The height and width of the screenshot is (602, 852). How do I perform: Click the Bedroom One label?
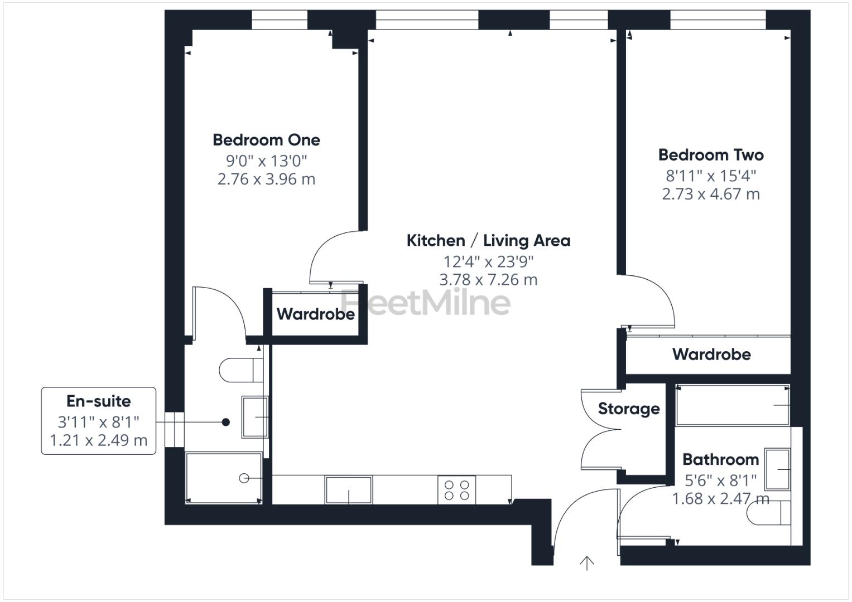[x=266, y=140]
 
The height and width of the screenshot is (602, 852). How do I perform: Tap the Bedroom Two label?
[x=710, y=155]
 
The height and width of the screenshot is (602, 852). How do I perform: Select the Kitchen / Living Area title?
[x=488, y=241]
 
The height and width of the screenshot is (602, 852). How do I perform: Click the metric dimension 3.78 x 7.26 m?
[x=488, y=279]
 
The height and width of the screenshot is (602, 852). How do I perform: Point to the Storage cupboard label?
[x=629, y=409]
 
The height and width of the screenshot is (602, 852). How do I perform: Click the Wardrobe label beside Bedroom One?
[x=315, y=314]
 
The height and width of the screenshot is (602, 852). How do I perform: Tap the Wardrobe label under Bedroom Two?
[x=711, y=354]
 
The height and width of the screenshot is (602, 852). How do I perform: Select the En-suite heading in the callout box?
[x=99, y=401]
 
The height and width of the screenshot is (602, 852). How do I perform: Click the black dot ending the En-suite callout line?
[x=225, y=423]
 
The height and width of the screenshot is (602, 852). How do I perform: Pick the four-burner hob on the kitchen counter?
[x=456, y=490]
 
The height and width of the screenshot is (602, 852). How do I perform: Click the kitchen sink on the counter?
[x=349, y=490]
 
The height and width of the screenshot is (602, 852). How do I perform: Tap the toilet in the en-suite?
[x=240, y=370]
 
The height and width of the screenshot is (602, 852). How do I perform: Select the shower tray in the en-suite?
[x=223, y=478]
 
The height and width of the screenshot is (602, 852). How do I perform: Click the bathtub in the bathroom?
[x=731, y=405]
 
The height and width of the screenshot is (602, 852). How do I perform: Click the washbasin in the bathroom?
[x=777, y=469]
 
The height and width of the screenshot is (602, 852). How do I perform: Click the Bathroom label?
[x=720, y=460]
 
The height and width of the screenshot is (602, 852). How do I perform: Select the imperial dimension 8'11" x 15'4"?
[x=710, y=176]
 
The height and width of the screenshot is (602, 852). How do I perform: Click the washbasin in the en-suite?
[x=254, y=417]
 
